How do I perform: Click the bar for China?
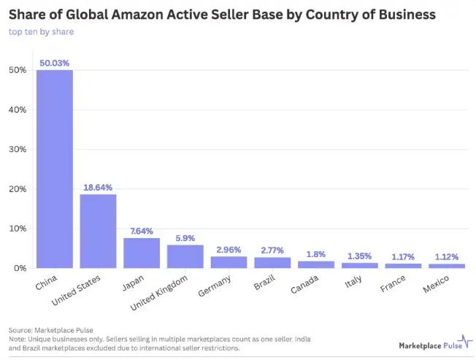[55, 169]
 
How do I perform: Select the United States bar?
[98, 231]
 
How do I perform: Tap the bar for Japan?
[142, 253]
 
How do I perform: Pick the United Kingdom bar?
[185, 256]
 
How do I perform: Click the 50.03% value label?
[55, 64]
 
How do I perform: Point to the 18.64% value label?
[98, 188]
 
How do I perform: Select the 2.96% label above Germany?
[229, 250]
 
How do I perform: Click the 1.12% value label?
[447, 257]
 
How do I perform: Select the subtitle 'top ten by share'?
[41, 31]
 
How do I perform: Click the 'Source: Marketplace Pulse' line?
[50, 330]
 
